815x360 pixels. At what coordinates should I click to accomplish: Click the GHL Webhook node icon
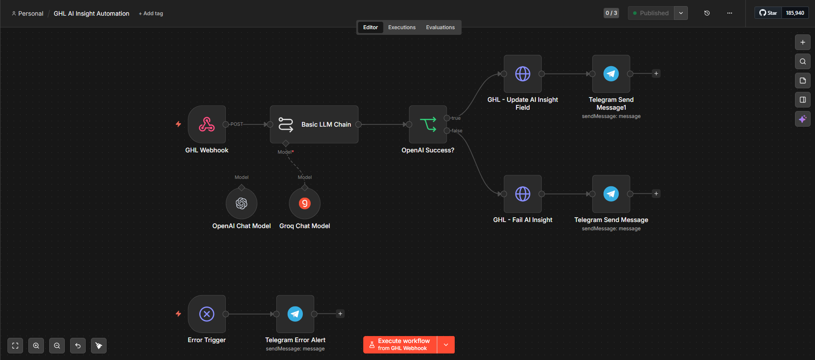coord(207,124)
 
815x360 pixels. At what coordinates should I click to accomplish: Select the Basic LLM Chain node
coord(314,124)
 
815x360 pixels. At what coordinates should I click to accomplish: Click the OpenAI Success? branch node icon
coord(428,124)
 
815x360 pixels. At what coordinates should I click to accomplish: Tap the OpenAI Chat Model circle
coord(241,203)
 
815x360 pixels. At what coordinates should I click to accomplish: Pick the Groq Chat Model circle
coord(305,203)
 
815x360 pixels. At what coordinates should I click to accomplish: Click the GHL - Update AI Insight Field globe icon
coord(523,74)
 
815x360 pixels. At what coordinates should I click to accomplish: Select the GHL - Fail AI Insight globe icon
coord(523,194)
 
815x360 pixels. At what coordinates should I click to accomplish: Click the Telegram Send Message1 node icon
coord(611,74)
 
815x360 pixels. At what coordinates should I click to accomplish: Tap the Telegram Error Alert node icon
coord(295,314)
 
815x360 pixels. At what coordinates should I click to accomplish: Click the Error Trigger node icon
coord(207,314)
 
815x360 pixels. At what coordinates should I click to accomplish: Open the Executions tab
coord(402,27)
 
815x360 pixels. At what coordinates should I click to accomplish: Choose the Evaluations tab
coord(440,27)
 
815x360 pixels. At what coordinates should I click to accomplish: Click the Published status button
coord(651,13)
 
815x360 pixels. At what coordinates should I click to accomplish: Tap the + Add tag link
coord(151,13)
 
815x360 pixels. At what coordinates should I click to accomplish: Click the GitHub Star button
coord(768,13)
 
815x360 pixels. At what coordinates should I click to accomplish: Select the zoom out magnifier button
coord(57,346)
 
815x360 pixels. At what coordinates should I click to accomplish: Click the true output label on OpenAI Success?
coord(456,118)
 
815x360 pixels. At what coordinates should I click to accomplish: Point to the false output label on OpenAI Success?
coord(457,131)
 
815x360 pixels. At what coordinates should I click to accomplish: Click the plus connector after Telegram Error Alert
coord(340,314)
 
